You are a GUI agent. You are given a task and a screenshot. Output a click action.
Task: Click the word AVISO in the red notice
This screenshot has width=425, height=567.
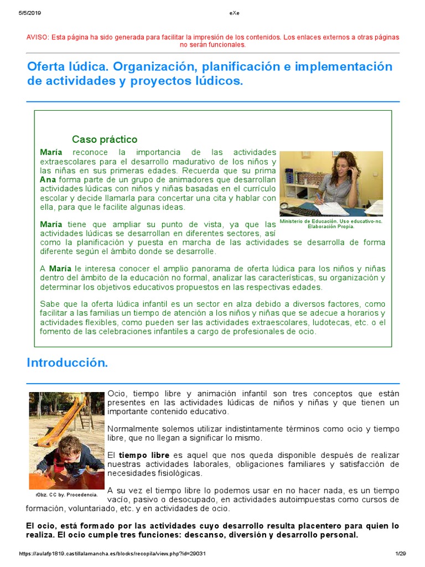click(x=37, y=37)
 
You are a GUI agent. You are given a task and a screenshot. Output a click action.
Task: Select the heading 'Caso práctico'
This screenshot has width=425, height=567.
click(x=105, y=140)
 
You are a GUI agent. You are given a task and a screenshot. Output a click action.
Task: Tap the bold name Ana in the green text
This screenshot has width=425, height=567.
click(x=48, y=179)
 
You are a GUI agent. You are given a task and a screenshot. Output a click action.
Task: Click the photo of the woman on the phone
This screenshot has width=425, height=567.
click(x=331, y=183)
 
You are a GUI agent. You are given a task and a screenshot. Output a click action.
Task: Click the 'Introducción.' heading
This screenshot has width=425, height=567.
click(x=68, y=363)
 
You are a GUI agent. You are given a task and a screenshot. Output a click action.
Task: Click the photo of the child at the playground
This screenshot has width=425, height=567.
click(x=66, y=440)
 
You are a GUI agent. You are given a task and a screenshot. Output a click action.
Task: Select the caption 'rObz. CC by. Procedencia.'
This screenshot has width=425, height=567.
click(x=66, y=494)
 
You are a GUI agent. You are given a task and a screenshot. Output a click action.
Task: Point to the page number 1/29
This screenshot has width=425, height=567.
click(x=401, y=554)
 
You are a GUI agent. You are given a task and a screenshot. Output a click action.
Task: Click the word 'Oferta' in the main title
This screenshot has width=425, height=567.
click(x=48, y=67)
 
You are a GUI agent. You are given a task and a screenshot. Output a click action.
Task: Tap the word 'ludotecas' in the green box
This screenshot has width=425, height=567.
click(x=324, y=322)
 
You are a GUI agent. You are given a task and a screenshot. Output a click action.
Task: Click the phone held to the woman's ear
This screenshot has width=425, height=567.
click(x=350, y=172)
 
